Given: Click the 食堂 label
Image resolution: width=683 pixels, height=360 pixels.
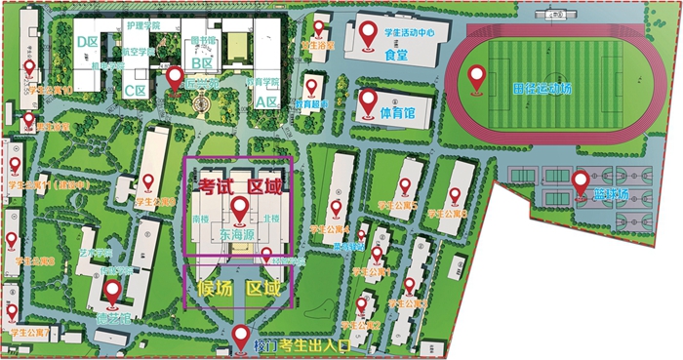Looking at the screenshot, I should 395,55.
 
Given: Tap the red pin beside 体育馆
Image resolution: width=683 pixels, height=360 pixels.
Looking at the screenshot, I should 369,100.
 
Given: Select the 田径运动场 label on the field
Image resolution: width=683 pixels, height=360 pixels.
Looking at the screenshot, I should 542,89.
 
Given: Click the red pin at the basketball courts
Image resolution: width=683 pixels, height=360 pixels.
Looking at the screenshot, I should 581,181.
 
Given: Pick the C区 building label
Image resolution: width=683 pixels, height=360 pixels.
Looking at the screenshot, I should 135,90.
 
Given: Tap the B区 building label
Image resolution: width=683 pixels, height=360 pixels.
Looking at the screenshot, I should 202,63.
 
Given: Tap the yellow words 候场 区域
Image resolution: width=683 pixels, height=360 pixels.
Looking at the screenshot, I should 239,289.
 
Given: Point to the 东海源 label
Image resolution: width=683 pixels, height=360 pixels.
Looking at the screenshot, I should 238,235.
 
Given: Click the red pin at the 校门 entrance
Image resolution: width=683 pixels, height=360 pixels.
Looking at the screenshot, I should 242,338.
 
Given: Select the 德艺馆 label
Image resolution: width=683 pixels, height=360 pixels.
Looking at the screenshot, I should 113,317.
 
